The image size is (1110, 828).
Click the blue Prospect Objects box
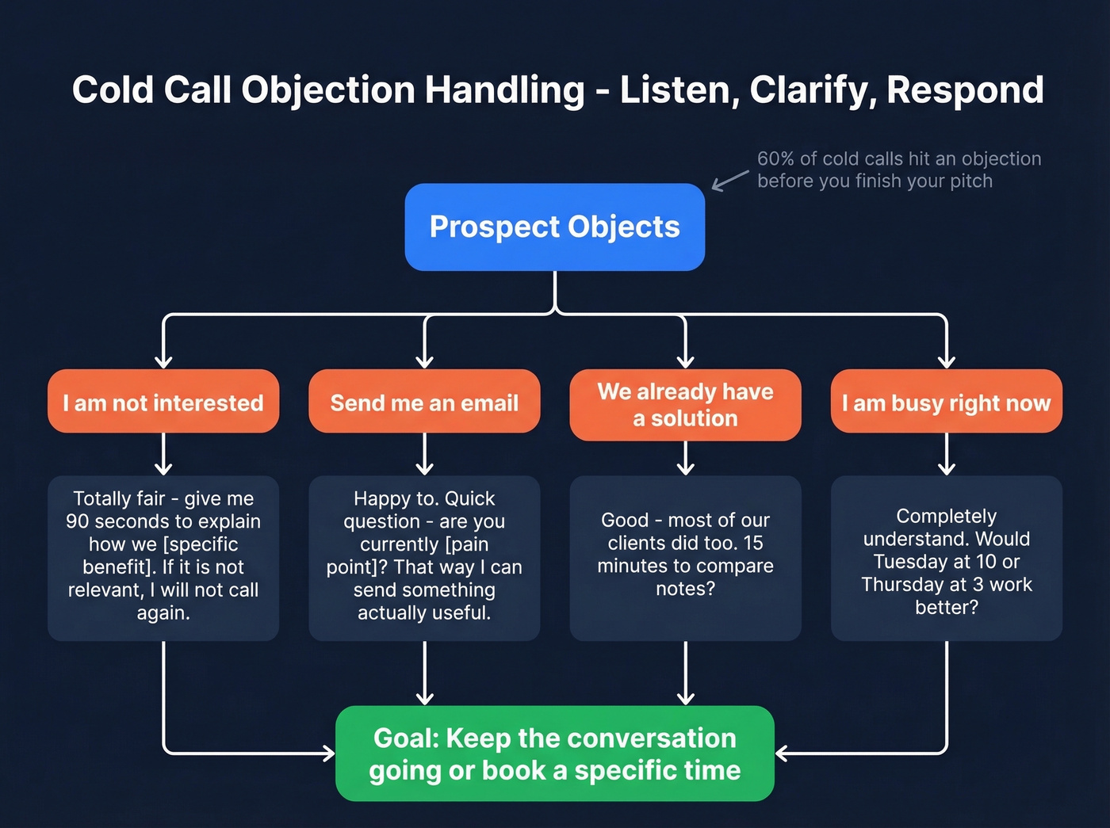(x=554, y=227)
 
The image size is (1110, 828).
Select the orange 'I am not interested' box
(x=163, y=402)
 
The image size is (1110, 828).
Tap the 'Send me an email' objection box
(x=424, y=402)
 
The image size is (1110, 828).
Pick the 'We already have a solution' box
(x=685, y=405)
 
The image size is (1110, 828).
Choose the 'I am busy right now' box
(x=946, y=402)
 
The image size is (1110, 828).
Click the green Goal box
(x=554, y=754)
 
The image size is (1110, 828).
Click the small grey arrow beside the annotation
(x=729, y=181)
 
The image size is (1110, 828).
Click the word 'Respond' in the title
(x=965, y=90)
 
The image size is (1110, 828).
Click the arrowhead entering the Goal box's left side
(x=328, y=753)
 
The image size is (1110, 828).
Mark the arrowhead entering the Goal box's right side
(x=782, y=753)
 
